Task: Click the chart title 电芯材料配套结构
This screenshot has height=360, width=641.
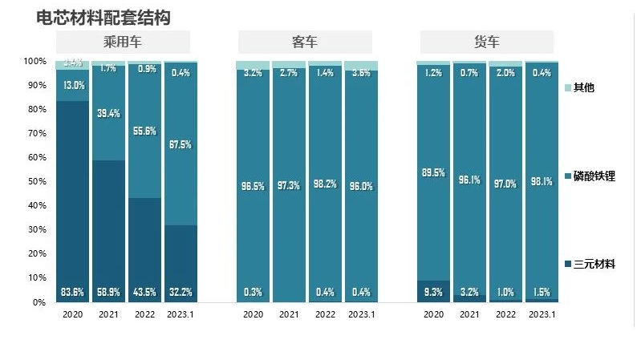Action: pyautogui.click(x=103, y=17)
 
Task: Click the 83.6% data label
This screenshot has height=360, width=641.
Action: pyautogui.click(x=72, y=292)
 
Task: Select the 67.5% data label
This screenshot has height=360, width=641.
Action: pyautogui.click(x=181, y=145)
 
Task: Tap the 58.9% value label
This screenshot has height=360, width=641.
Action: pyautogui.click(x=108, y=292)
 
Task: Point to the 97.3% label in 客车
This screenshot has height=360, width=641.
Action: pyautogui.click(x=289, y=186)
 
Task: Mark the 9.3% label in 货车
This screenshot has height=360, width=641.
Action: pyautogui.click(x=433, y=292)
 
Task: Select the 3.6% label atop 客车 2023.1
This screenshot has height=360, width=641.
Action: pyautogui.click(x=361, y=73)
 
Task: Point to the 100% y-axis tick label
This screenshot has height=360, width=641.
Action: pyautogui.click(x=34, y=61)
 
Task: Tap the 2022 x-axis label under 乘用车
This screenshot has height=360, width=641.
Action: pyautogui.click(x=144, y=315)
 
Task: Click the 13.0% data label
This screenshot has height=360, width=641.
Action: pyautogui.click(x=72, y=86)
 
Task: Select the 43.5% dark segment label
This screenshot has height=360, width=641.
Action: pyautogui.click(x=144, y=292)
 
